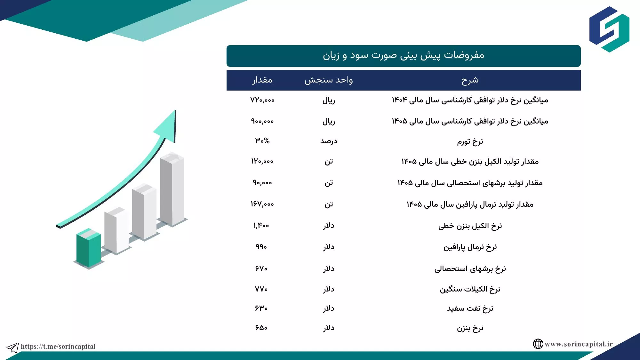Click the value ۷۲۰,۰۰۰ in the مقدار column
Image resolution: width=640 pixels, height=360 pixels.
coord(262,100)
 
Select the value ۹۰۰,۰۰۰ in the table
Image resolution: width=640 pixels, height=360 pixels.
coord(262,121)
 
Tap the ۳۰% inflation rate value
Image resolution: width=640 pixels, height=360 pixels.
coord(262,141)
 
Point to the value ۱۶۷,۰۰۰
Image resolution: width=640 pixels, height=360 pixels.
coord(262,204)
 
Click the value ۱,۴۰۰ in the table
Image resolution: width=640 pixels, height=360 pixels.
coord(261,226)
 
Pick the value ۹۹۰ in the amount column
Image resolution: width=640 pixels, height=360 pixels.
coord(261,247)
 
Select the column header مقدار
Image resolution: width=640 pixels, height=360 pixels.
coord(262,80)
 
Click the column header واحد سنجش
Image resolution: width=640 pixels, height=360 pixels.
coord(329,80)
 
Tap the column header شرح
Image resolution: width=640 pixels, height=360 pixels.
coord(470,80)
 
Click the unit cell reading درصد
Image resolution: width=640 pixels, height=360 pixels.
coord(329,141)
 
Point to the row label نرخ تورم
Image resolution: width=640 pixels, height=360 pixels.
coord(470,141)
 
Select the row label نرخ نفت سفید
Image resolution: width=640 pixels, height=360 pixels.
coord(470,308)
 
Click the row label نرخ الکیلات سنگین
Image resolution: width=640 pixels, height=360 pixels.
coord(470,289)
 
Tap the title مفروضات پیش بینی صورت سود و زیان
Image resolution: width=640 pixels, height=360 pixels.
coord(404,55)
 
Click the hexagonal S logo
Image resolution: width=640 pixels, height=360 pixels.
coord(609,29)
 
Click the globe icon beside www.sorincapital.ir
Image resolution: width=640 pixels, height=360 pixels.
coord(538,344)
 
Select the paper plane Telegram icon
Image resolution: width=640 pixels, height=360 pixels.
coord(13,348)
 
